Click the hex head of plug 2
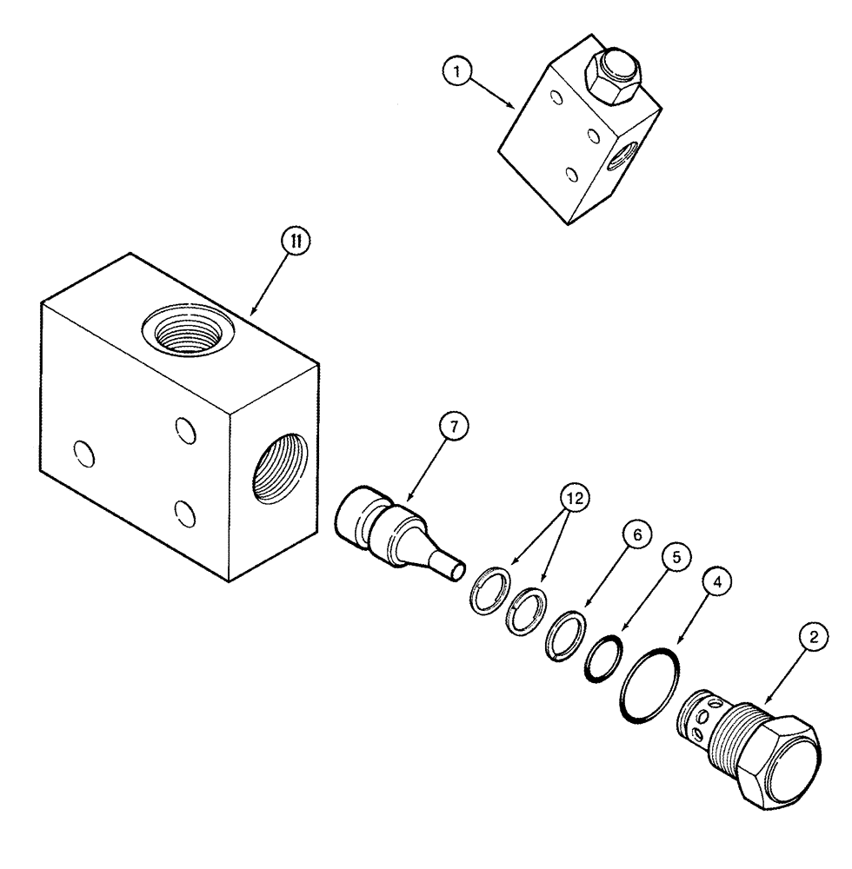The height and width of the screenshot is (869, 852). (778, 765)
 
